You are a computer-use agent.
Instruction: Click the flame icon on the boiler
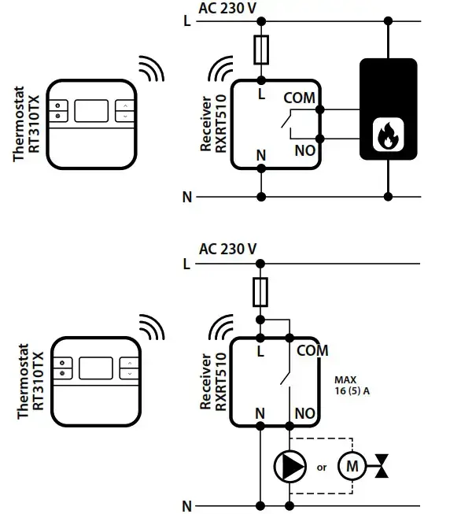click(x=388, y=135)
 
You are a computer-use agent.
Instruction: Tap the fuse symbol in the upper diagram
click(x=261, y=50)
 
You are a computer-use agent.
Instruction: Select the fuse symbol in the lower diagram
click(x=260, y=292)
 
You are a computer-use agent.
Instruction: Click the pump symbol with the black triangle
click(x=290, y=466)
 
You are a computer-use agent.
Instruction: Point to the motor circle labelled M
click(x=352, y=466)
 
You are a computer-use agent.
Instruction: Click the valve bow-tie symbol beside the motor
click(x=382, y=466)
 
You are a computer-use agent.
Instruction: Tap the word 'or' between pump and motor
click(x=322, y=468)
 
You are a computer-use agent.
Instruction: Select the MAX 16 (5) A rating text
click(x=352, y=386)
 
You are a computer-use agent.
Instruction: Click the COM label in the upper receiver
click(x=300, y=98)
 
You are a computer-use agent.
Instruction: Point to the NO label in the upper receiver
click(x=305, y=151)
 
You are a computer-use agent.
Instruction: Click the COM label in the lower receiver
click(x=312, y=350)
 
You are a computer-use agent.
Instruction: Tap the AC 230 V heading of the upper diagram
click(x=227, y=9)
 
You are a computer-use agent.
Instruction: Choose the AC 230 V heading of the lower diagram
click(x=227, y=250)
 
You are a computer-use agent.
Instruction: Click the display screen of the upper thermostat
click(x=91, y=111)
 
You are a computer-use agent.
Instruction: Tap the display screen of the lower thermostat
click(x=96, y=368)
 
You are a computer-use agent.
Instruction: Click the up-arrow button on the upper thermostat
click(x=125, y=105)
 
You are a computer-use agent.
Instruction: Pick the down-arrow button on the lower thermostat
click(x=130, y=374)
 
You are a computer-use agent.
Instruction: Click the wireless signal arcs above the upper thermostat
click(x=151, y=68)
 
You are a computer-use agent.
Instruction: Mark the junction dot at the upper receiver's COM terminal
click(x=319, y=109)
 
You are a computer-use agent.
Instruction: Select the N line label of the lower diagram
click(x=187, y=506)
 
